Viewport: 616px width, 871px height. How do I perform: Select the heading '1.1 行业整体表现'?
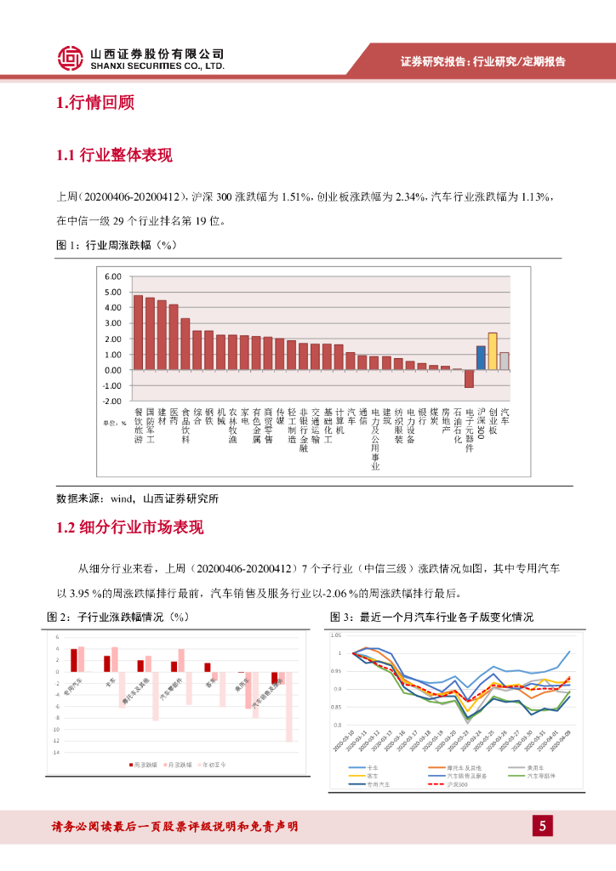pos(114,156)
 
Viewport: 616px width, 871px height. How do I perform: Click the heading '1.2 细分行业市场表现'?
pos(129,528)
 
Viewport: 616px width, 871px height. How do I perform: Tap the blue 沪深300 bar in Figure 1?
pos(481,357)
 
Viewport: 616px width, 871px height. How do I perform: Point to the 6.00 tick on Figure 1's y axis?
pos(114,276)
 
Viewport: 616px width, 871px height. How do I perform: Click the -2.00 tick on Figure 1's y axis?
pos(113,401)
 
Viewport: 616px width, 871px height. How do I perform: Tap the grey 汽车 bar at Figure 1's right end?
pos(505,361)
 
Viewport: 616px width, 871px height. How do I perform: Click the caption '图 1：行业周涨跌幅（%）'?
pos(115,246)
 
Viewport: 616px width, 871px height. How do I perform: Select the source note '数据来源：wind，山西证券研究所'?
pos(137,498)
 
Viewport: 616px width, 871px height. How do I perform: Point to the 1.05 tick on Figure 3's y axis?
pos(335,635)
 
